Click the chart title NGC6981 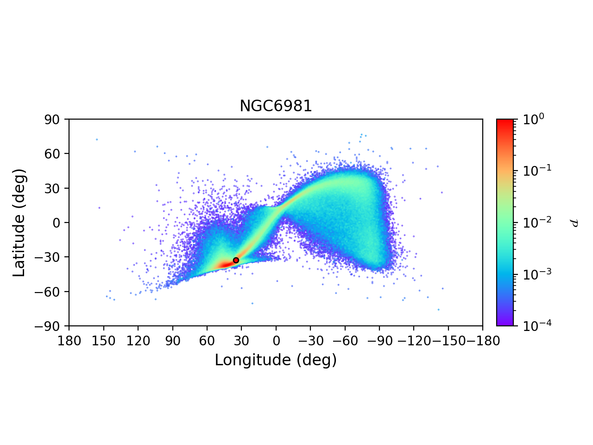(x=276, y=106)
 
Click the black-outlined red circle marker (x=236, y=260)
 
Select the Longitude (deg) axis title (x=276, y=360)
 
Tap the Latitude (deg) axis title (x=19, y=222)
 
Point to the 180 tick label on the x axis (x=69, y=341)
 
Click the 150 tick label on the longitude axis (x=103, y=341)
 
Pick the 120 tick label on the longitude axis (x=138, y=341)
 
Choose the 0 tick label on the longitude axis (x=276, y=341)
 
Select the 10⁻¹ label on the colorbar (x=534, y=170)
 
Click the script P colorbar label (x=574, y=222)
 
